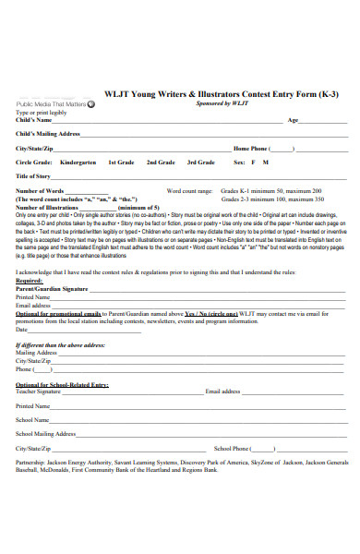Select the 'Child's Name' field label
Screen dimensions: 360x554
34,120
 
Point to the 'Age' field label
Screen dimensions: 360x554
294,120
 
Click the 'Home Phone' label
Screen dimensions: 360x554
249,148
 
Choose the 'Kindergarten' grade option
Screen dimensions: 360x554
78,162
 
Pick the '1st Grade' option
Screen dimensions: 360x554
121,162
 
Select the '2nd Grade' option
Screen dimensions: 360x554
161,162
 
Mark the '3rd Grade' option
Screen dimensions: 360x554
201,162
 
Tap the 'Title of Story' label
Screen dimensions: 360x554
33,175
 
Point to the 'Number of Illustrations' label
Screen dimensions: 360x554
49,207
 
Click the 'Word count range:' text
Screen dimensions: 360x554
189,191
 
